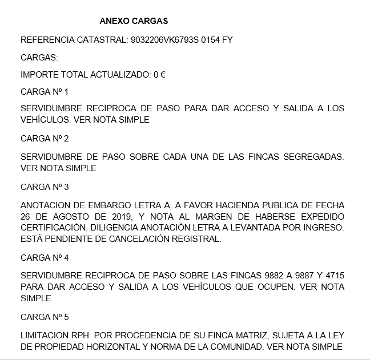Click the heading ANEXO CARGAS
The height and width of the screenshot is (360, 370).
click(x=134, y=22)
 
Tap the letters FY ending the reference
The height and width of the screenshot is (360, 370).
click(x=227, y=40)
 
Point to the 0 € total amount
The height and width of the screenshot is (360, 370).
click(x=159, y=75)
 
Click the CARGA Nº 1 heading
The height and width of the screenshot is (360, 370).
click(x=45, y=92)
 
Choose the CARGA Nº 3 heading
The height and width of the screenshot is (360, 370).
click(x=45, y=187)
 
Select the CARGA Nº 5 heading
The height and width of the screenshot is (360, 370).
click(x=45, y=317)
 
